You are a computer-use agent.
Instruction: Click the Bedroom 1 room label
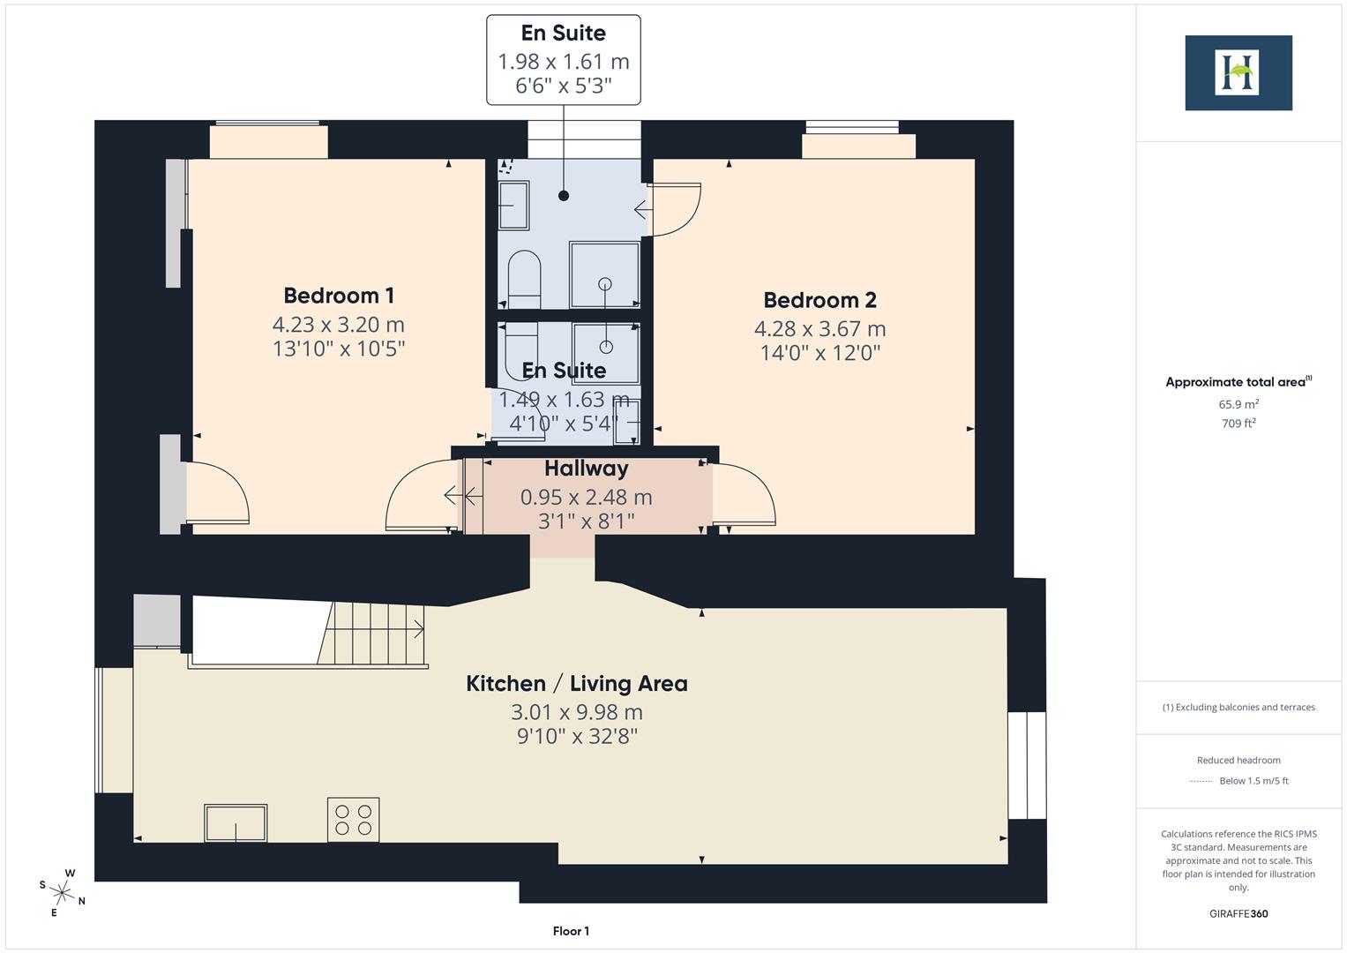pos(338,296)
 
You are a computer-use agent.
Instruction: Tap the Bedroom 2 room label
pos(819,300)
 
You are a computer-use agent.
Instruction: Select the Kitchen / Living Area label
pos(576,683)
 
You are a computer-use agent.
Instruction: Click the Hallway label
pos(586,469)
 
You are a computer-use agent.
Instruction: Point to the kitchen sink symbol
pos(236,822)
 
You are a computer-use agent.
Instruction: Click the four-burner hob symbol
pos(353,819)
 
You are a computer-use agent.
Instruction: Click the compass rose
pos(62,891)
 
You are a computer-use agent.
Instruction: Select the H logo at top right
pos(1238,72)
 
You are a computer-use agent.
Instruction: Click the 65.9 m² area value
pos(1238,404)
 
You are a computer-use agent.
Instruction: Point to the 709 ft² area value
pos(1238,424)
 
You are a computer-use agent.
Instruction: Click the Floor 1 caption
pos(571,931)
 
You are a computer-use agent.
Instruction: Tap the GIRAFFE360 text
pos(1238,913)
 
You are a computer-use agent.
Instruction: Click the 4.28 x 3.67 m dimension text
pos(819,329)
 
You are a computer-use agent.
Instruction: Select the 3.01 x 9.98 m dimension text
pos(576,712)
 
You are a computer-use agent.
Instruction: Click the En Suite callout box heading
pos(563,34)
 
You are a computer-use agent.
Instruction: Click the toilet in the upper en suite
pos(525,275)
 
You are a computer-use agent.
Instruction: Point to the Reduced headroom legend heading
pos(1238,760)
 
